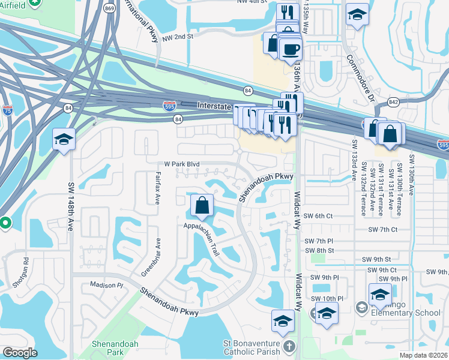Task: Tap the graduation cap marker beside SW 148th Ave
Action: tap(63, 140)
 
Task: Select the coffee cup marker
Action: tap(291, 48)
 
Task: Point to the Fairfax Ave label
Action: tap(158, 188)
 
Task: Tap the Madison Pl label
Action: tap(106, 284)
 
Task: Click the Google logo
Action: tap(20, 353)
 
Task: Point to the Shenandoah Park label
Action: tap(115, 347)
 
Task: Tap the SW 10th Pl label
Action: tap(327, 298)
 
